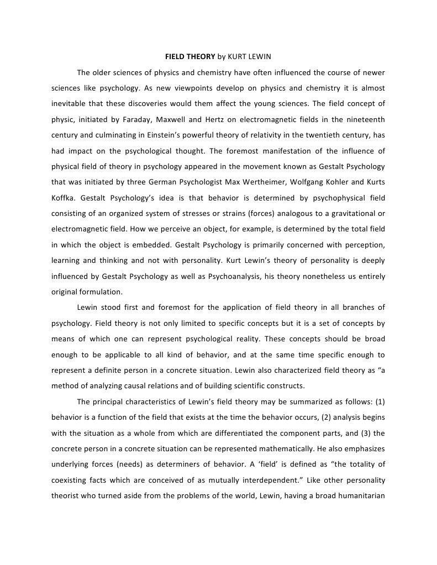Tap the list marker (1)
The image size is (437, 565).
(x=380, y=401)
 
